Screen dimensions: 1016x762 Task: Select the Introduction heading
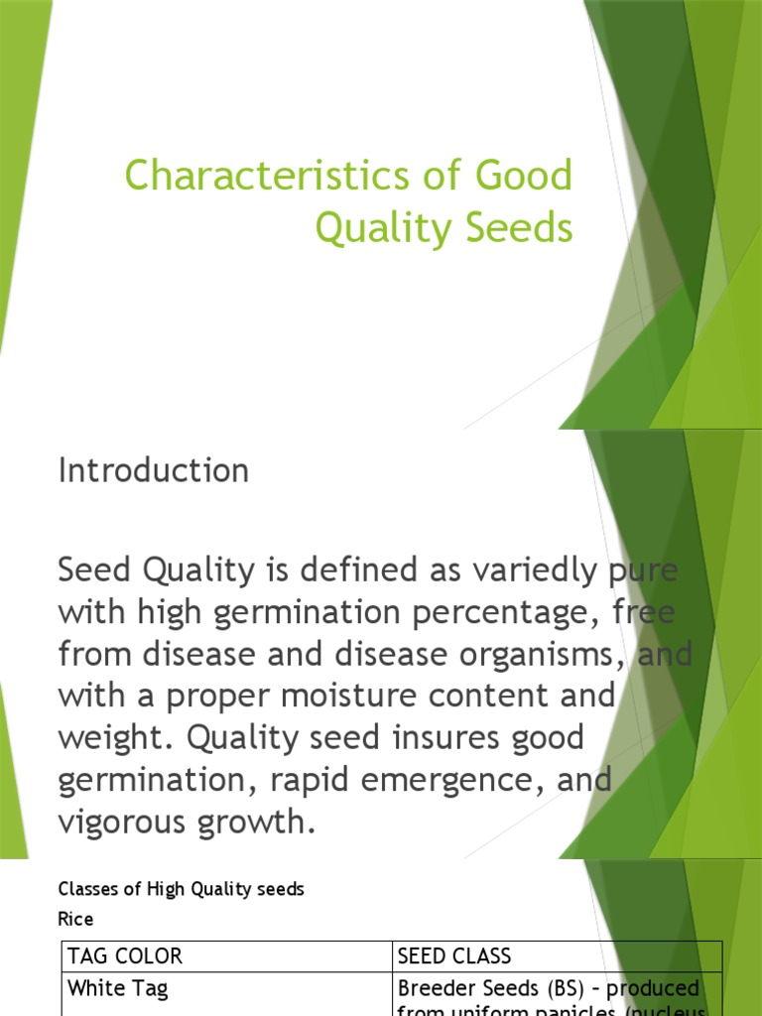(x=154, y=470)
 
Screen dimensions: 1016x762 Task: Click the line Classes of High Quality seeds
(x=182, y=889)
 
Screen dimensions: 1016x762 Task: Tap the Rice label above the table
(x=76, y=919)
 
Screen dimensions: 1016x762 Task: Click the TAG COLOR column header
(x=125, y=956)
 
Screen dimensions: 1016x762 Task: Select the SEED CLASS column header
(x=454, y=956)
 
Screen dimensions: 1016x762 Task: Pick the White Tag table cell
(x=117, y=988)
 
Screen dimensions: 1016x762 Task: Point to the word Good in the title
(x=523, y=177)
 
